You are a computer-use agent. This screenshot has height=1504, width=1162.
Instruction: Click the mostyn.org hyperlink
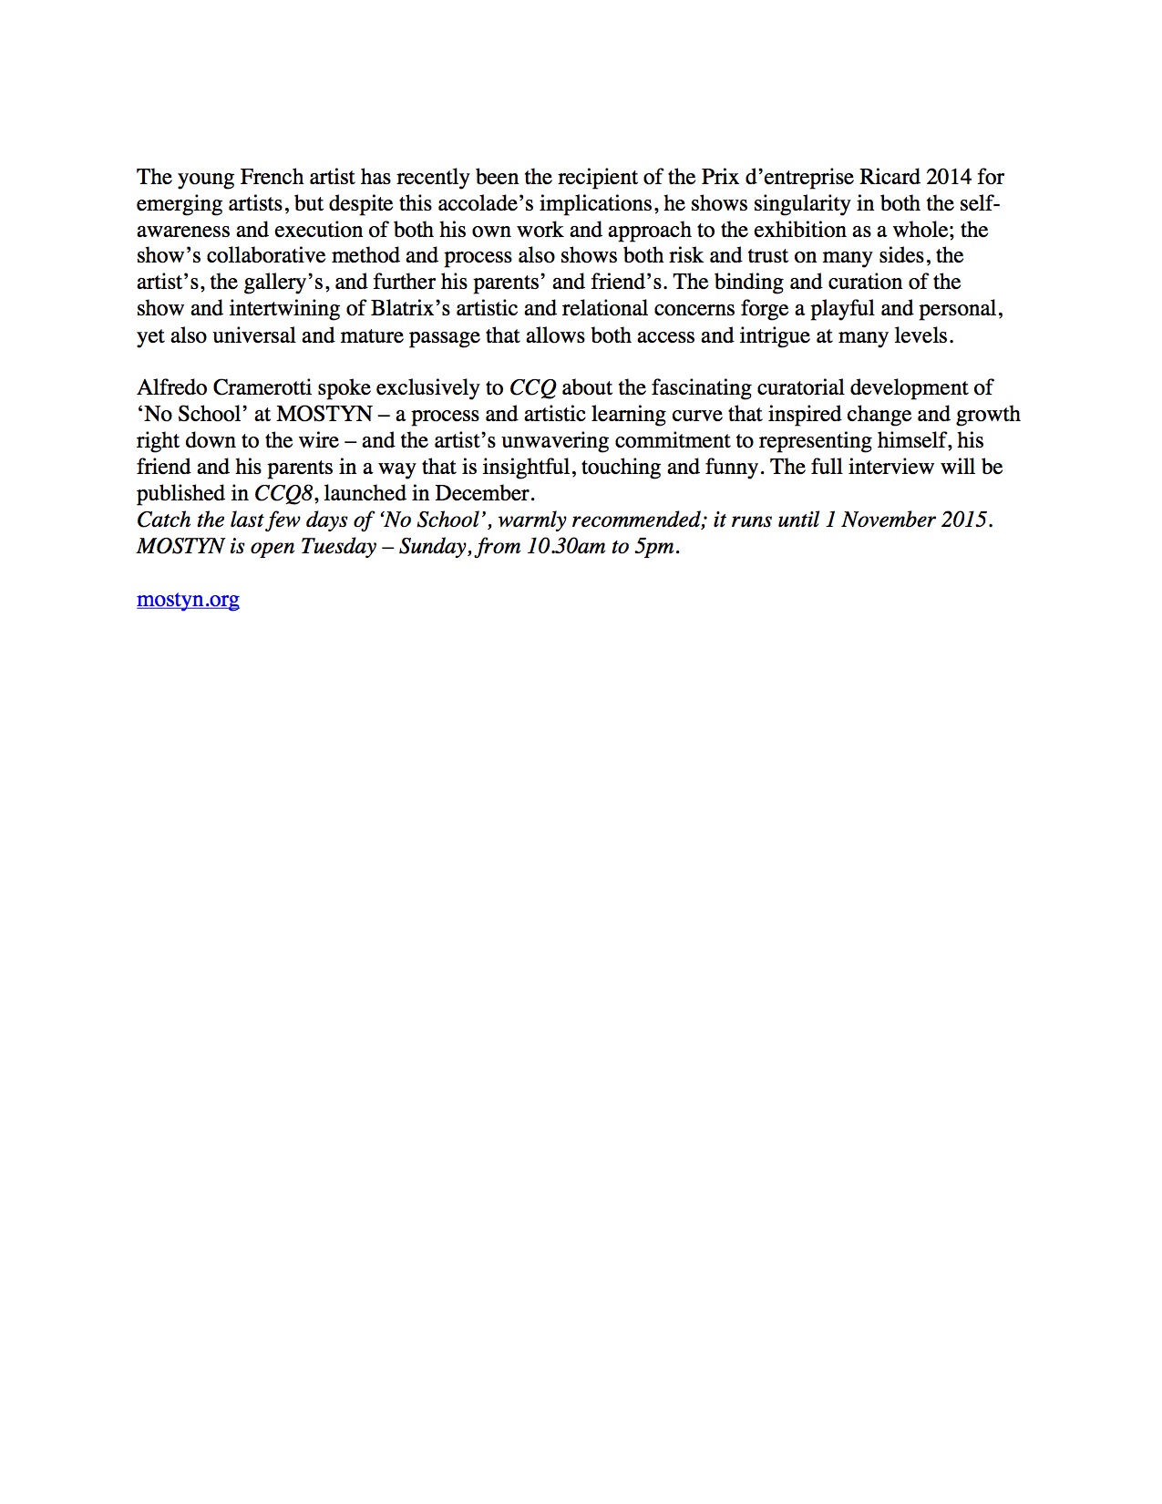188,600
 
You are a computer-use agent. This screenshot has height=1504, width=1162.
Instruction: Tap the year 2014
949,177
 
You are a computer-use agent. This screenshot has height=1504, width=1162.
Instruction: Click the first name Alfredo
171,388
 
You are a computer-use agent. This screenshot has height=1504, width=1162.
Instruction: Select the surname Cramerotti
262,388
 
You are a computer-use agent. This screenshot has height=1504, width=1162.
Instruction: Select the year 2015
965,520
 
